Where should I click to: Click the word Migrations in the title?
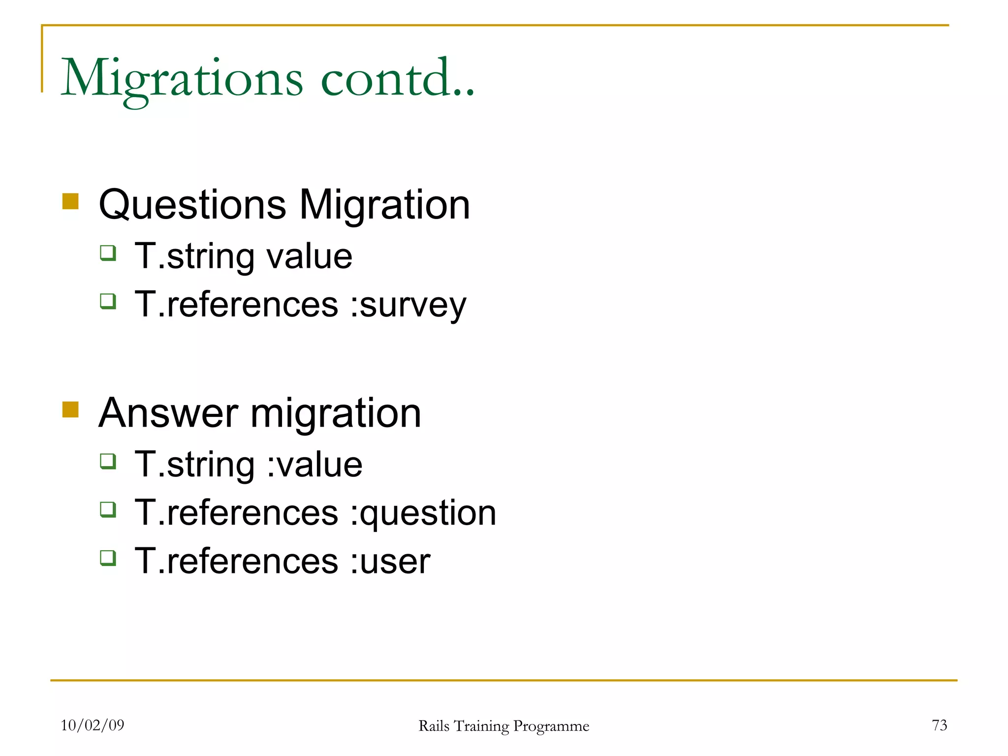pyautogui.click(x=182, y=79)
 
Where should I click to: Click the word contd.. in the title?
pyautogui.click(x=398, y=79)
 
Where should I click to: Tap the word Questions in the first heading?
pyautogui.click(x=192, y=205)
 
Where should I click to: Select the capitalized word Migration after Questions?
pyautogui.click(x=384, y=205)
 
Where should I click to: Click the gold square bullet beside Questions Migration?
pyautogui.click(x=71, y=201)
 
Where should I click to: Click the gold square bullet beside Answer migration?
pyautogui.click(x=71, y=409)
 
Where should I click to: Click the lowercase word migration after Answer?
pyautogui.click(x=336, y=413)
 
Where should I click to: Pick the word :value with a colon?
pyautogui.click(x=315, y=464)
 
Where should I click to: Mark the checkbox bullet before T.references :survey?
pyautogui.click(x=108, y=301)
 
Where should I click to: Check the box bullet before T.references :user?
pyautogui.click(x=108, y=558)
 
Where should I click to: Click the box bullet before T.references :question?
pyautogui.click(x=108, y=509)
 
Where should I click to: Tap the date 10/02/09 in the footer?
pyautogui.click(x=93, y=725)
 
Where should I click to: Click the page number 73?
pyautogui.click(x=939, y=725)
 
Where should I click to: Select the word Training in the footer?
pyautogui.click(x=481, y=726)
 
